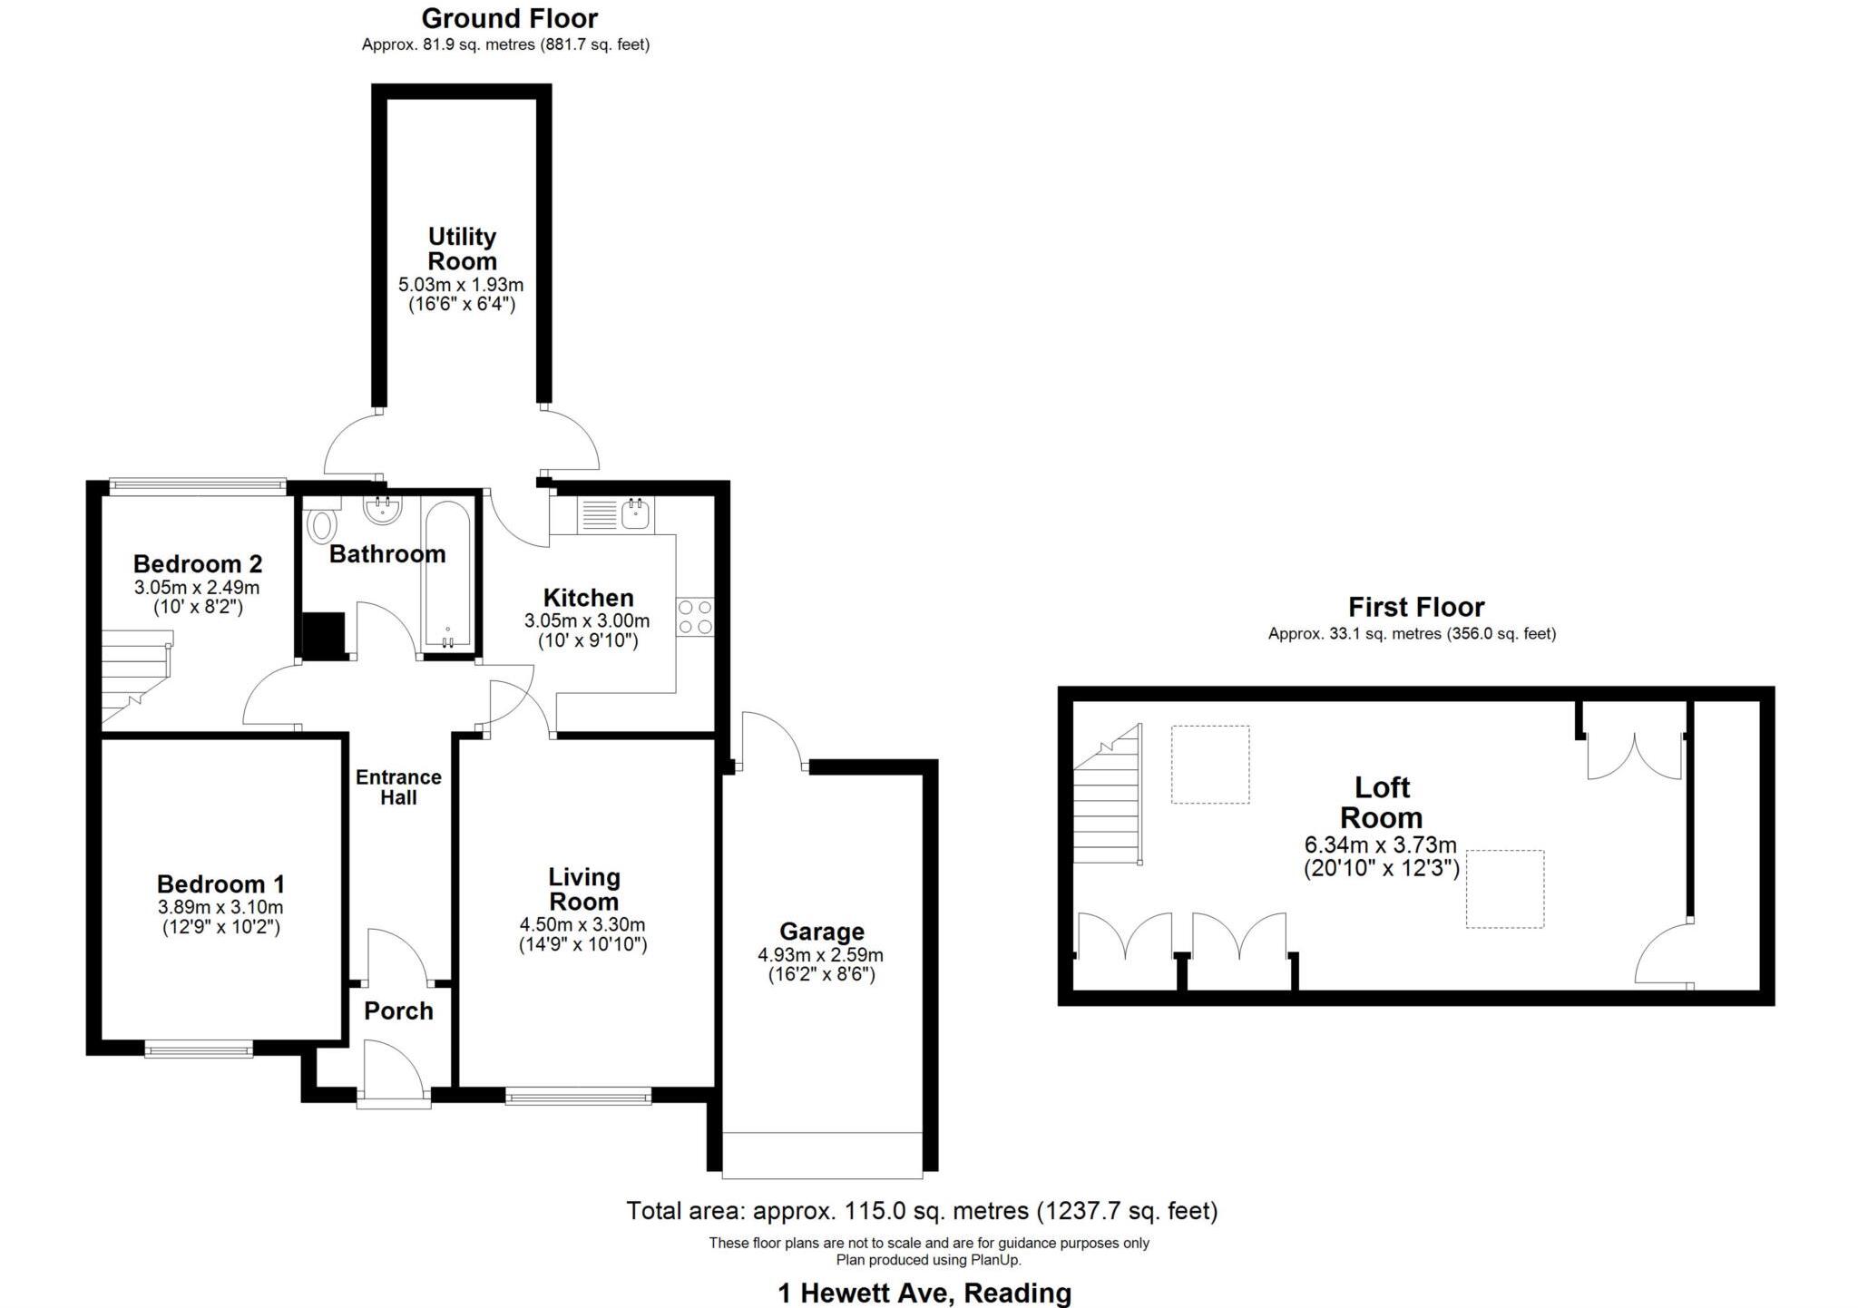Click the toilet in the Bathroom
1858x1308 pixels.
pos(322,523)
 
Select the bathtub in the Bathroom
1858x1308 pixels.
pos(445,574)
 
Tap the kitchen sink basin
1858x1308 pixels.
pos(635,515)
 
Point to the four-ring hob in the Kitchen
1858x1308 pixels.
pos(695,617)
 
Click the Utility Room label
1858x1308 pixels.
pos(462,249)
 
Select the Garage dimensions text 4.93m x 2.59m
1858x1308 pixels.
pos(820,955)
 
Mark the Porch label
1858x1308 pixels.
pos(398,1010)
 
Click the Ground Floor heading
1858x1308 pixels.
pos(509,18)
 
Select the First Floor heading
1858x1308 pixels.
pos(1415,607)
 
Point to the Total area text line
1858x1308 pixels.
pos(922,1210)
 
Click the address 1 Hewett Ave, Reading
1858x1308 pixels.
pos(924,1293)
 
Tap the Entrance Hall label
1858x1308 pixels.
pos(398,787)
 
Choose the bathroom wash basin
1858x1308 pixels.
pos(382,510)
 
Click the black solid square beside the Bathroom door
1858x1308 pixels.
pos(323,635)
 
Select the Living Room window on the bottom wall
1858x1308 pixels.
pos(578,1097)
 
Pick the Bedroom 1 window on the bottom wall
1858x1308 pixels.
pos(199,1050)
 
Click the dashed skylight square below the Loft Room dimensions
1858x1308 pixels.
pos(1504,889)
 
